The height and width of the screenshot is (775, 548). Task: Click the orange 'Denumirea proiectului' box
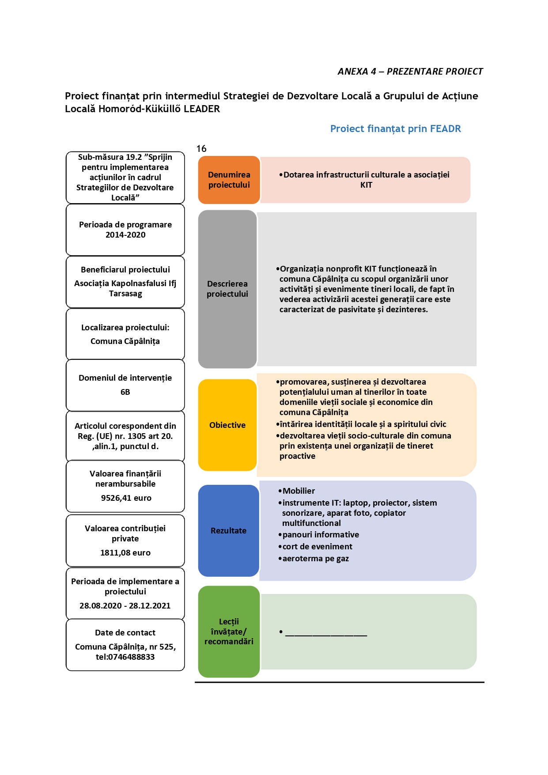click(x=229, y=180)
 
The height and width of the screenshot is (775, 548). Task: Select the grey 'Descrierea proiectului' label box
click(x=227, y=289)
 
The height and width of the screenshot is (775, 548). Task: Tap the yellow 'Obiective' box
click(x=227, y=425)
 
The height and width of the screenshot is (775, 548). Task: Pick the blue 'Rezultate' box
click(x=228, y=530)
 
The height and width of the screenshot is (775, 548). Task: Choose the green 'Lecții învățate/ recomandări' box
click(x=229, y=631)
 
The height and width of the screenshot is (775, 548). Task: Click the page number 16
click(x=201, y=149)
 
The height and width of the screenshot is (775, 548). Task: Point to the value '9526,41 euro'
click(x=126, y=498)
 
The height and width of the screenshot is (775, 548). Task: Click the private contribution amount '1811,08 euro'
click(x=125, y=553)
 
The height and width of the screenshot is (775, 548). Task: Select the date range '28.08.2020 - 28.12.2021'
click(x=125, y=606)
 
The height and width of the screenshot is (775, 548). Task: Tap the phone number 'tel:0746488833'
click(x=125, y=657)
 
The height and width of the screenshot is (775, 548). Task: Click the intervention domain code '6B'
click(x=125, y=392)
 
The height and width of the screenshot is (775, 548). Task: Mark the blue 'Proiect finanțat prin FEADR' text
click(x=396, y=129)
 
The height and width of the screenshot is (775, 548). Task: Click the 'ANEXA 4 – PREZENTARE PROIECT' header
click(x=410, y=72)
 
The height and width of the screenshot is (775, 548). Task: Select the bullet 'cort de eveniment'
click(x=315, y=547)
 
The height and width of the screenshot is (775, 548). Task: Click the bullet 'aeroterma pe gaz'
click(x=314, y=559)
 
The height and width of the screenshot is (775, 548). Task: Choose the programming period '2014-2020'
click(x=125, y=235)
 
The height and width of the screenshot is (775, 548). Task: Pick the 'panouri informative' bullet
click(x=318, y=535)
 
